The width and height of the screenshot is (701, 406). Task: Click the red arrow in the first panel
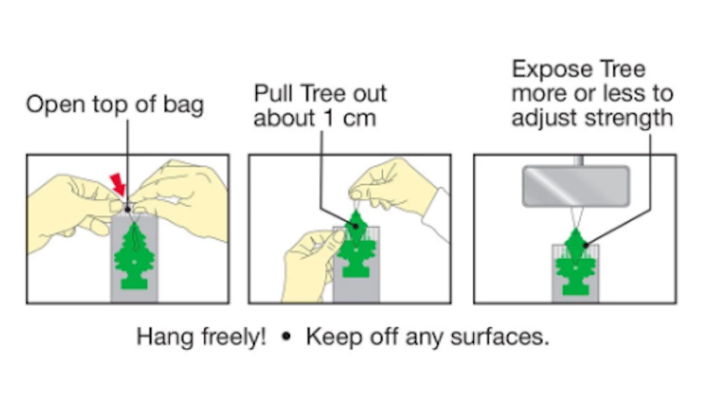click(117, 184)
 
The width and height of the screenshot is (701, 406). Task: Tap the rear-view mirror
click(576, 186)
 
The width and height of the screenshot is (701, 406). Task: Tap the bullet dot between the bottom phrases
click(287, 336)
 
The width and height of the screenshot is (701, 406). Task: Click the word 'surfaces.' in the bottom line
click(499, 337)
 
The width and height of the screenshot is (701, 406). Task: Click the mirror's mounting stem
click(578, 160)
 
